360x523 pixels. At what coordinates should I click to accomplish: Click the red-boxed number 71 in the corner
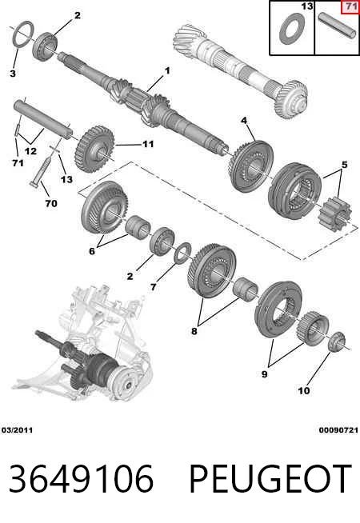(x=350, y=7)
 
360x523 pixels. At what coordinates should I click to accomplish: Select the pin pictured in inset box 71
(x=338, y=26)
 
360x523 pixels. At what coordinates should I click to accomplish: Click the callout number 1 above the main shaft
(x=167, y=70)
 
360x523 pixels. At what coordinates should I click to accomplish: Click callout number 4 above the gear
(x=244, y=121)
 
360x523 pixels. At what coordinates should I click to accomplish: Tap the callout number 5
(x=344, y=165)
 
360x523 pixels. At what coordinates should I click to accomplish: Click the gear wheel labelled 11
(x=94, y=149)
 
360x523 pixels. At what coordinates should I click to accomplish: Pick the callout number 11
(x=148, y=144)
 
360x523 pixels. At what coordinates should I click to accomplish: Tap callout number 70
(x=51, y=203)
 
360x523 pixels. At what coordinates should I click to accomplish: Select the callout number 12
(x=30, y=151)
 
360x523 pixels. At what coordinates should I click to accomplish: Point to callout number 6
(x=92, y=251)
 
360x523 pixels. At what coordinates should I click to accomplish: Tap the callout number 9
(x=264, y=374)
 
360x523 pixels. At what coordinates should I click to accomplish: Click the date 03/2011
(x=18, y=430)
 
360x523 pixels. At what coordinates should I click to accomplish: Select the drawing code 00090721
(x=338, y=430)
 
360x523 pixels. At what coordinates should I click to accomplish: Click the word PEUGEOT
(x=270, y=479)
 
